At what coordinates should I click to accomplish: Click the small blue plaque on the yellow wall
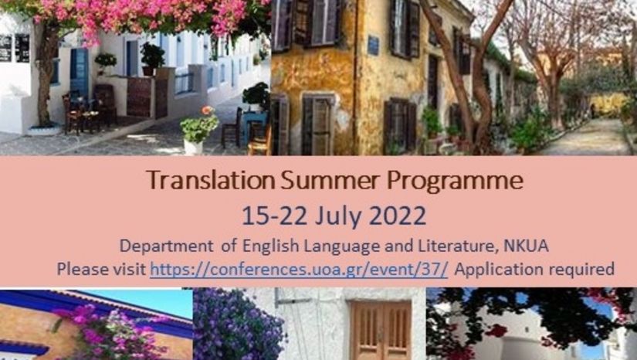coord(374,45)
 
